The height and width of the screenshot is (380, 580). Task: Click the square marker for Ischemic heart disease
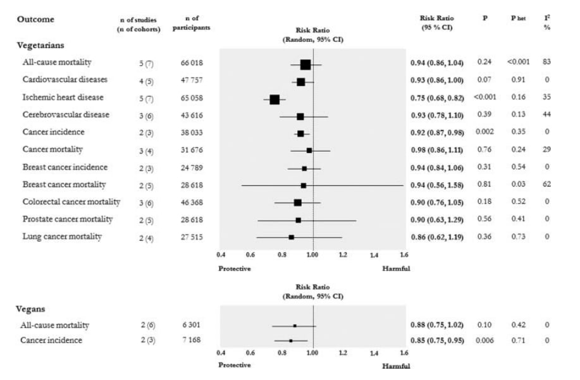275,99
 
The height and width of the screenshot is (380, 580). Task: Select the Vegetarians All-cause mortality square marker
305,64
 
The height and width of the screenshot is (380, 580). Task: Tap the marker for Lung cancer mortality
291,237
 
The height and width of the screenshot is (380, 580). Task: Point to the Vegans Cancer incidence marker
290,341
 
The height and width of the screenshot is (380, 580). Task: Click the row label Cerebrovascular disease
66,115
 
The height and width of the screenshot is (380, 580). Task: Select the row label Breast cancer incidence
65,168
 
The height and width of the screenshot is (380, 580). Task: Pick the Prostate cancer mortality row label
68,219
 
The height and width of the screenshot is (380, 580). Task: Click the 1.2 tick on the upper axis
343,255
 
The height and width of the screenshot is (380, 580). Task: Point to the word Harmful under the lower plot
396,365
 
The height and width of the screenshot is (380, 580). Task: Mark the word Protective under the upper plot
235,268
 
